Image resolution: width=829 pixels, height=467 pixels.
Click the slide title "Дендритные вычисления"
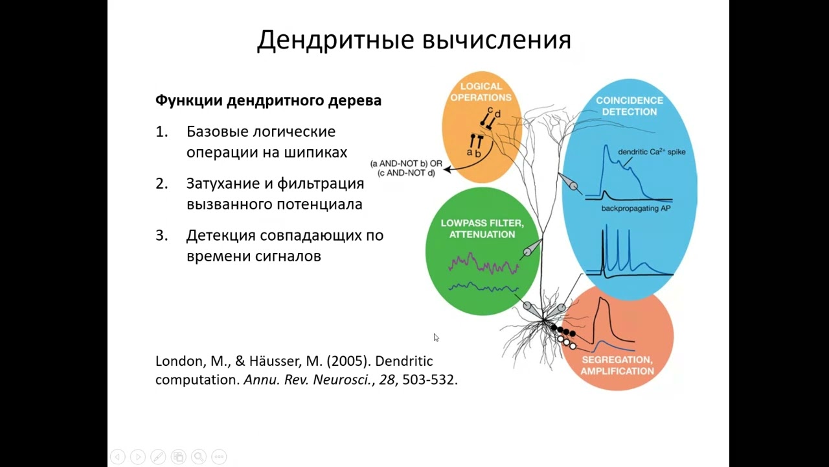414,40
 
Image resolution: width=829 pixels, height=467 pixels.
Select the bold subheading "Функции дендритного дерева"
268,101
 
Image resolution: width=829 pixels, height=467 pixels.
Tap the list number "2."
162,184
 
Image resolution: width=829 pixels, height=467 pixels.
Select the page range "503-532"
428,380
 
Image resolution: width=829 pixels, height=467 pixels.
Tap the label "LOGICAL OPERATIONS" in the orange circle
481,92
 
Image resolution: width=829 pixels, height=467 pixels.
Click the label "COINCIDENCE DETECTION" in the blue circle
629,106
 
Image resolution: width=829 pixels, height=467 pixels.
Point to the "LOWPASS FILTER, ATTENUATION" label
482,228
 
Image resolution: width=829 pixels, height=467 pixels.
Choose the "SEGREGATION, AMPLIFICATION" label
617,365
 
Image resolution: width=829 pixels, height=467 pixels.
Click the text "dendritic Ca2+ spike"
651,152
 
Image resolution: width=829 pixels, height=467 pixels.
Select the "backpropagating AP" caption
635,209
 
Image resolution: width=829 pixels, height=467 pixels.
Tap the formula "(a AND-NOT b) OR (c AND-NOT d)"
406,168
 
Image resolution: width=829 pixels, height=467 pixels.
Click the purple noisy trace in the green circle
484,265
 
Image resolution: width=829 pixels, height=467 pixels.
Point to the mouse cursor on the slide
436,337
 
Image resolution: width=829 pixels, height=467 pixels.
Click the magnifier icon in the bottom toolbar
199,457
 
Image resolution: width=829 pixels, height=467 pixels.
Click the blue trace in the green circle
484,287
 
